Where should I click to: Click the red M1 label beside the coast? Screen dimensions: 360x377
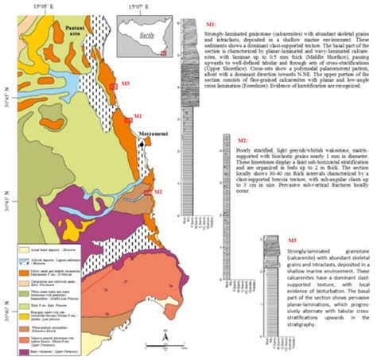pyautogui.click(x=137, y=117)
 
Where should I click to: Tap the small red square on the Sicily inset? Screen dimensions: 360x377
pyautogui.click(x=163, y=53)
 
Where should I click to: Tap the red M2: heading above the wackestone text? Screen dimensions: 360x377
pyautogui.click(x=243, y=141)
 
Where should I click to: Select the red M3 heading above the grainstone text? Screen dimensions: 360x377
pyautogui.click(x=292, y=240)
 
